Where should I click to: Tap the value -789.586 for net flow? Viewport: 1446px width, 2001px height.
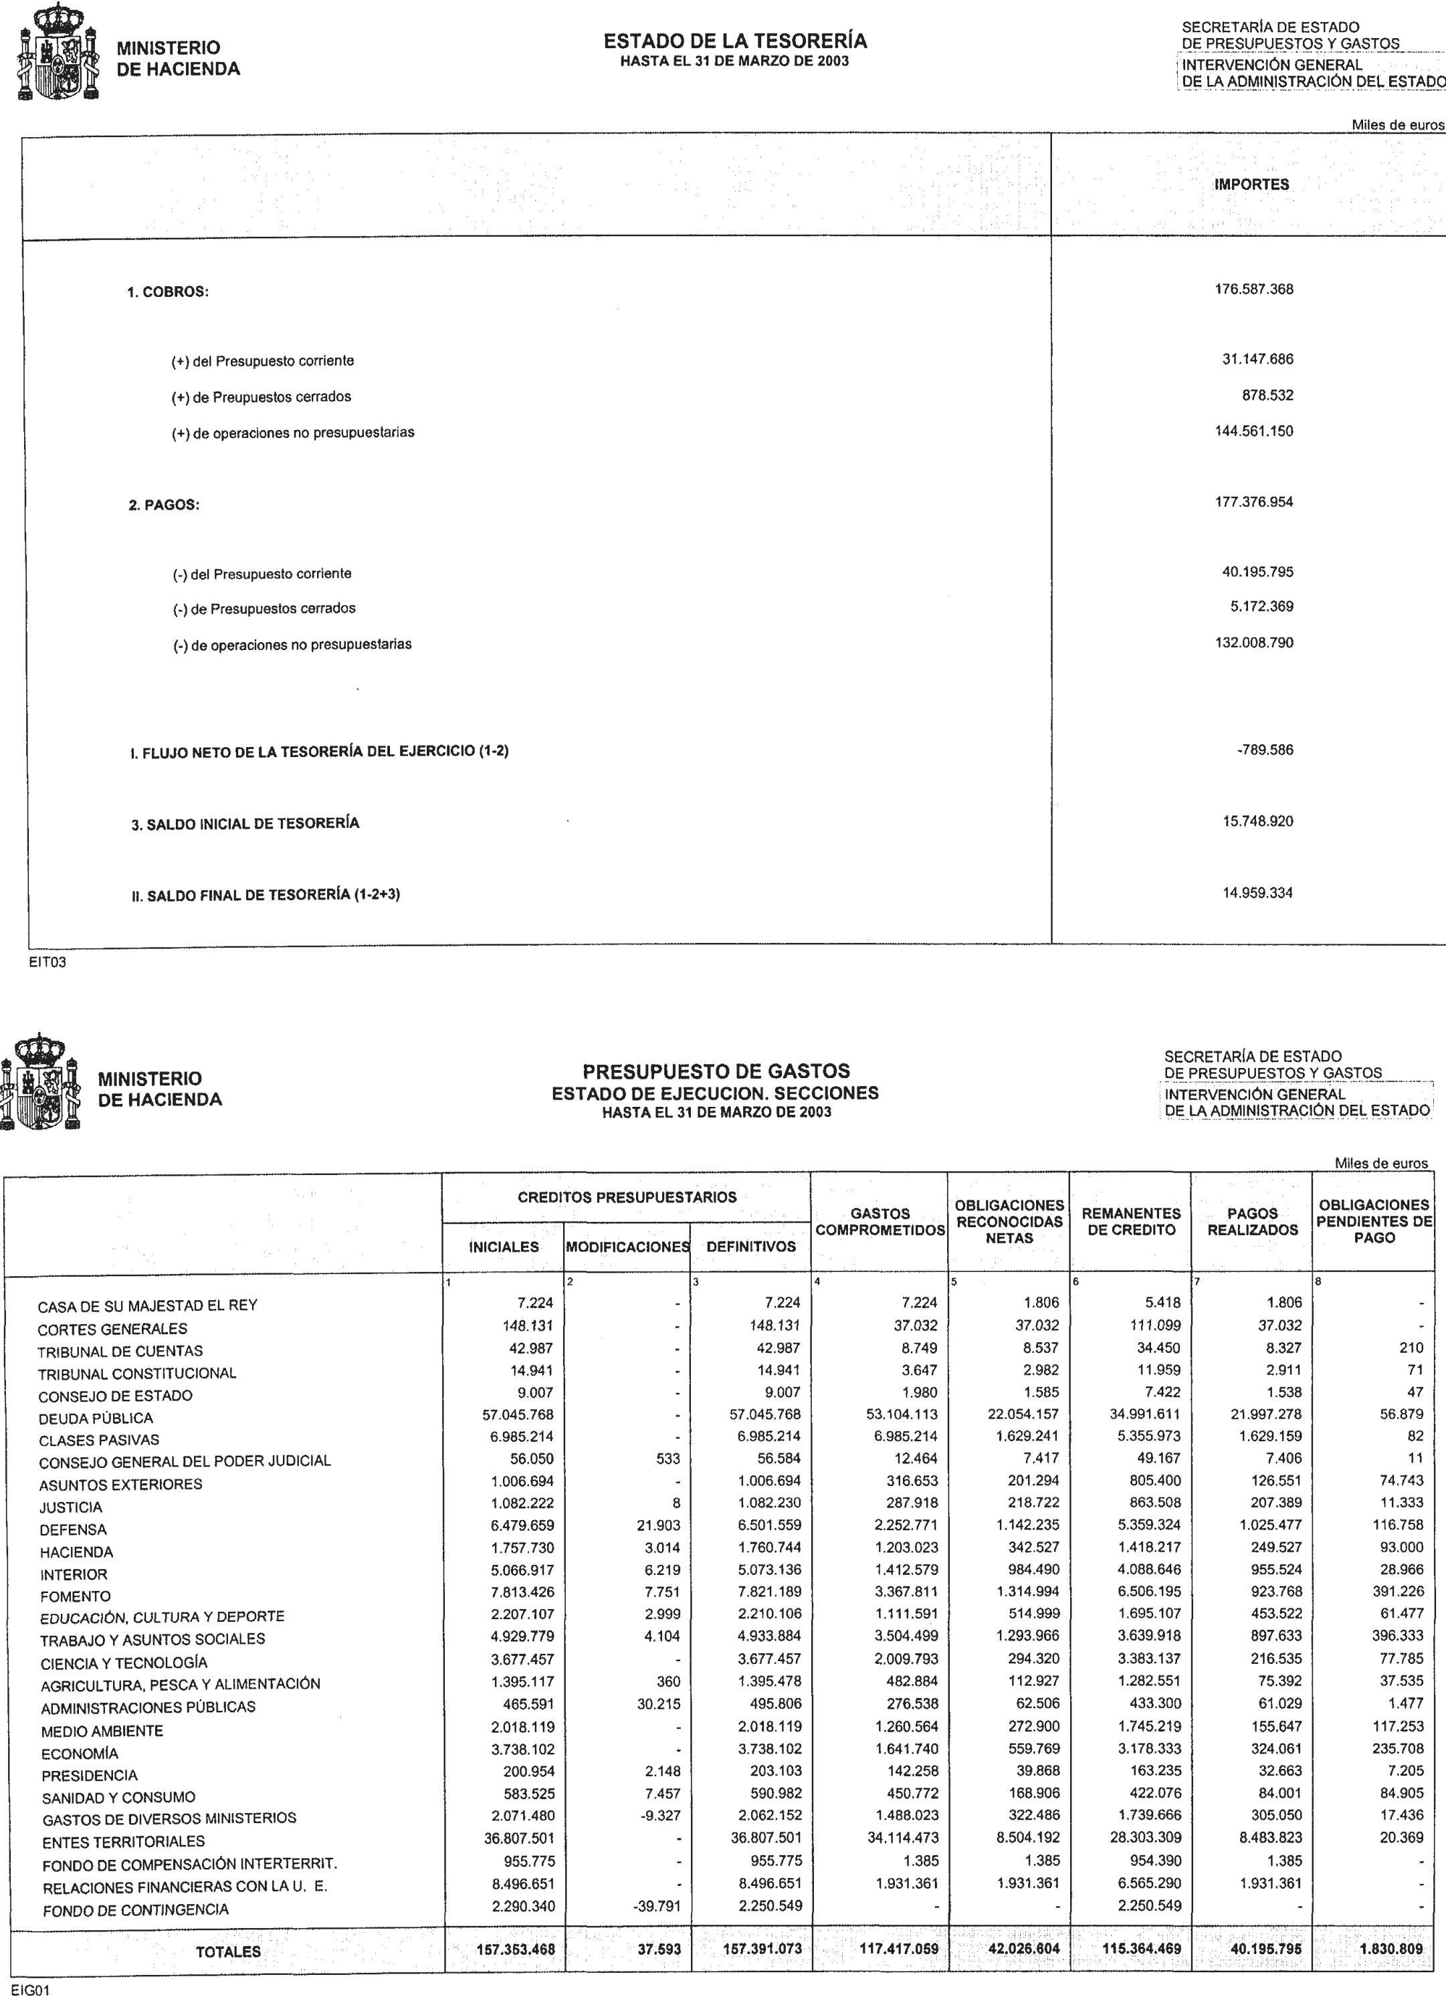[1265, 751]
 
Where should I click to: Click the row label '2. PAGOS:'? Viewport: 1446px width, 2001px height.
[164, 506]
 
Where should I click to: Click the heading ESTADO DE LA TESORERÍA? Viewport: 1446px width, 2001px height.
[735, 41]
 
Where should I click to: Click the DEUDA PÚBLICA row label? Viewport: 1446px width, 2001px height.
[95, 1418]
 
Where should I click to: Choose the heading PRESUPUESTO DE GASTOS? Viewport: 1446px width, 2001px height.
[716, 1071]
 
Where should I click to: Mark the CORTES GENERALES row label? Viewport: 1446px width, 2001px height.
[112, 1329]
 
